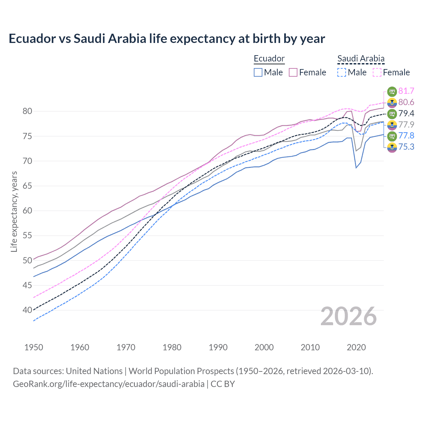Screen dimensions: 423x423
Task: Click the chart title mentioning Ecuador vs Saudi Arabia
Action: click(x=167, y=39)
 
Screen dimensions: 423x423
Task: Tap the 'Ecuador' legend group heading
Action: click(x=269, y=58)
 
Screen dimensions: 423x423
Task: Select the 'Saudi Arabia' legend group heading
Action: click(x=361, y=58)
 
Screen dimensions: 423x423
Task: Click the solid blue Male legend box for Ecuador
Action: click(x=258, y=72)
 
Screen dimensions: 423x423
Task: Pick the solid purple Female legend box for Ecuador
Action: click(x=293, y=72)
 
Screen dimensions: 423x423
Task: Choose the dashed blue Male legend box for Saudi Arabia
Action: click(x=342, y=72)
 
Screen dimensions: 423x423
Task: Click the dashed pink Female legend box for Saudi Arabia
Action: click(x=377, y=72)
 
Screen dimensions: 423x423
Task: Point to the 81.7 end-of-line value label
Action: click(x=406, y=91)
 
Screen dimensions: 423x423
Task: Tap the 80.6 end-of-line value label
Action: click(x=406, y=102)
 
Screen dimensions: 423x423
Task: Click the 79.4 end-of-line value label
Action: click(x=406, y=113)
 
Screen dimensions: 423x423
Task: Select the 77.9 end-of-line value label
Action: click(x=406, y=125)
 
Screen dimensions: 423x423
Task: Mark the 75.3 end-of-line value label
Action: click(x=406, y=147)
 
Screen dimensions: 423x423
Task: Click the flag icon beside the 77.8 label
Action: click(x=392, y=135)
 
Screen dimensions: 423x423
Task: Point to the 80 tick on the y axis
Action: click(x=27, y=111)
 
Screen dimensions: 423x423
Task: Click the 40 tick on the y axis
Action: click(x=27, y=310)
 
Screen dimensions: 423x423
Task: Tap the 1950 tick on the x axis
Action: click(x=34, y=347)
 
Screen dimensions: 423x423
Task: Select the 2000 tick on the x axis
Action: click(x=264, y=347)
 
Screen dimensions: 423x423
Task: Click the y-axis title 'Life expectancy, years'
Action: click(x=14, y=211)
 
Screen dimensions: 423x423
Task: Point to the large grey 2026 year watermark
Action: click(x=349, y=316)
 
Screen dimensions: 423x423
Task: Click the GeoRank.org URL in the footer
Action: click(x=109, y=384)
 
